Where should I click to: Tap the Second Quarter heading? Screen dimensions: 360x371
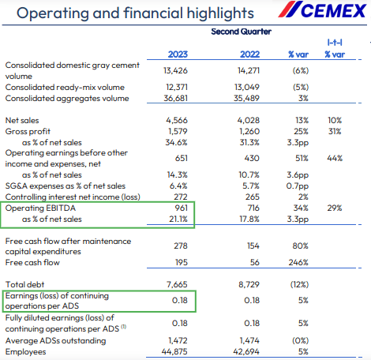click(241, 32)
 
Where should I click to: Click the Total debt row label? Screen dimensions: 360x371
click(25, 282)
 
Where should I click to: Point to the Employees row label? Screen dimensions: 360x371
click(27, 351)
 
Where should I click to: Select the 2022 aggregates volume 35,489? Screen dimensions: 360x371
click(252, 98)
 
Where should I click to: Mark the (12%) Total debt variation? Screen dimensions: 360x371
click(302, 282)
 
